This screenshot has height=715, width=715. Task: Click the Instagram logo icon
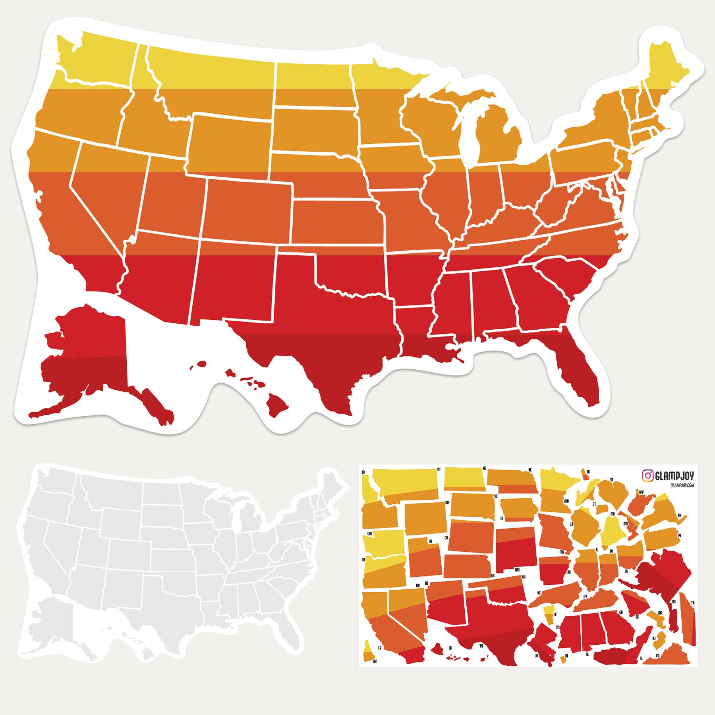tap(648, 475)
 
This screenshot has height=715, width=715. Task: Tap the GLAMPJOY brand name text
tap(674, 476)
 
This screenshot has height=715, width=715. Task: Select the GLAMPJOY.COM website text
tap(682, 485)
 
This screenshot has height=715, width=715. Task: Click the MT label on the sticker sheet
tap(439, 470)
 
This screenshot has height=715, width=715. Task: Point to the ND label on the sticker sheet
tap(484, 468)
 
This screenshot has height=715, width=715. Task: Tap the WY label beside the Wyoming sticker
tap(447, 502)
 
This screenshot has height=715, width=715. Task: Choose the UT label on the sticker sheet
tap(430, 541)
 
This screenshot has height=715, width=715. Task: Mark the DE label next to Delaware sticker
tap(588, 472)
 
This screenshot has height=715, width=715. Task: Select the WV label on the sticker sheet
tap(641, 492)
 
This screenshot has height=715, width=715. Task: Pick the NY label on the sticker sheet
tap(680, 516)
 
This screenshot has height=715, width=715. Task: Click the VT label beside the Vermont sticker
tap(556, 615)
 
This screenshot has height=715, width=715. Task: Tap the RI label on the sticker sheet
tap(566, 657)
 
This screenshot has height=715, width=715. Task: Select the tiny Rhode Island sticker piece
tap(562, 659)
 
